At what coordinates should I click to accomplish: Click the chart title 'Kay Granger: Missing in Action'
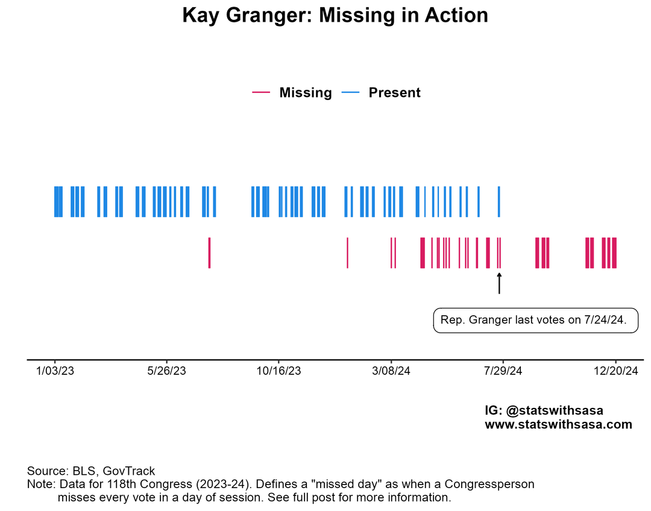pos(335,16)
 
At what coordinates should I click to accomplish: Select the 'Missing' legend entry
pos(305,93)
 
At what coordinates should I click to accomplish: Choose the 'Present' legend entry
pos(394,93)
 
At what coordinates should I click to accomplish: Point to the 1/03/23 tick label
pos(55,371)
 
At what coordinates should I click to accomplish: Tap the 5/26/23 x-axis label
pos(167,371)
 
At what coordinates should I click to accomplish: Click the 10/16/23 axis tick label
pos(278,371)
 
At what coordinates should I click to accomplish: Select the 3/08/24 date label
pos(391,371)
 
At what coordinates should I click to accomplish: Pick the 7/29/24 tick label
pos(503,371)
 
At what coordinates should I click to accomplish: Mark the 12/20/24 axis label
pos(615,371)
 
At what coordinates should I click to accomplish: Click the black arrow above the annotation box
pos(499,283)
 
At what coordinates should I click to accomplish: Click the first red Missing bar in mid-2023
pos(209,252)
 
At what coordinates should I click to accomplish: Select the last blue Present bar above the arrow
pos(498,201)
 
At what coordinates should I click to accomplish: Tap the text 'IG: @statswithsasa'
pos(544,410)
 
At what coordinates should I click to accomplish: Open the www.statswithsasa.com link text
pos(558,425)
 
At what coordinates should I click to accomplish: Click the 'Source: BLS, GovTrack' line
pos(91,471)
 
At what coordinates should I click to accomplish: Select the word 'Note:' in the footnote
pos(41,484)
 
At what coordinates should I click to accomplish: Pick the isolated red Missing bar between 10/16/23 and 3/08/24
pos(348,252)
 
